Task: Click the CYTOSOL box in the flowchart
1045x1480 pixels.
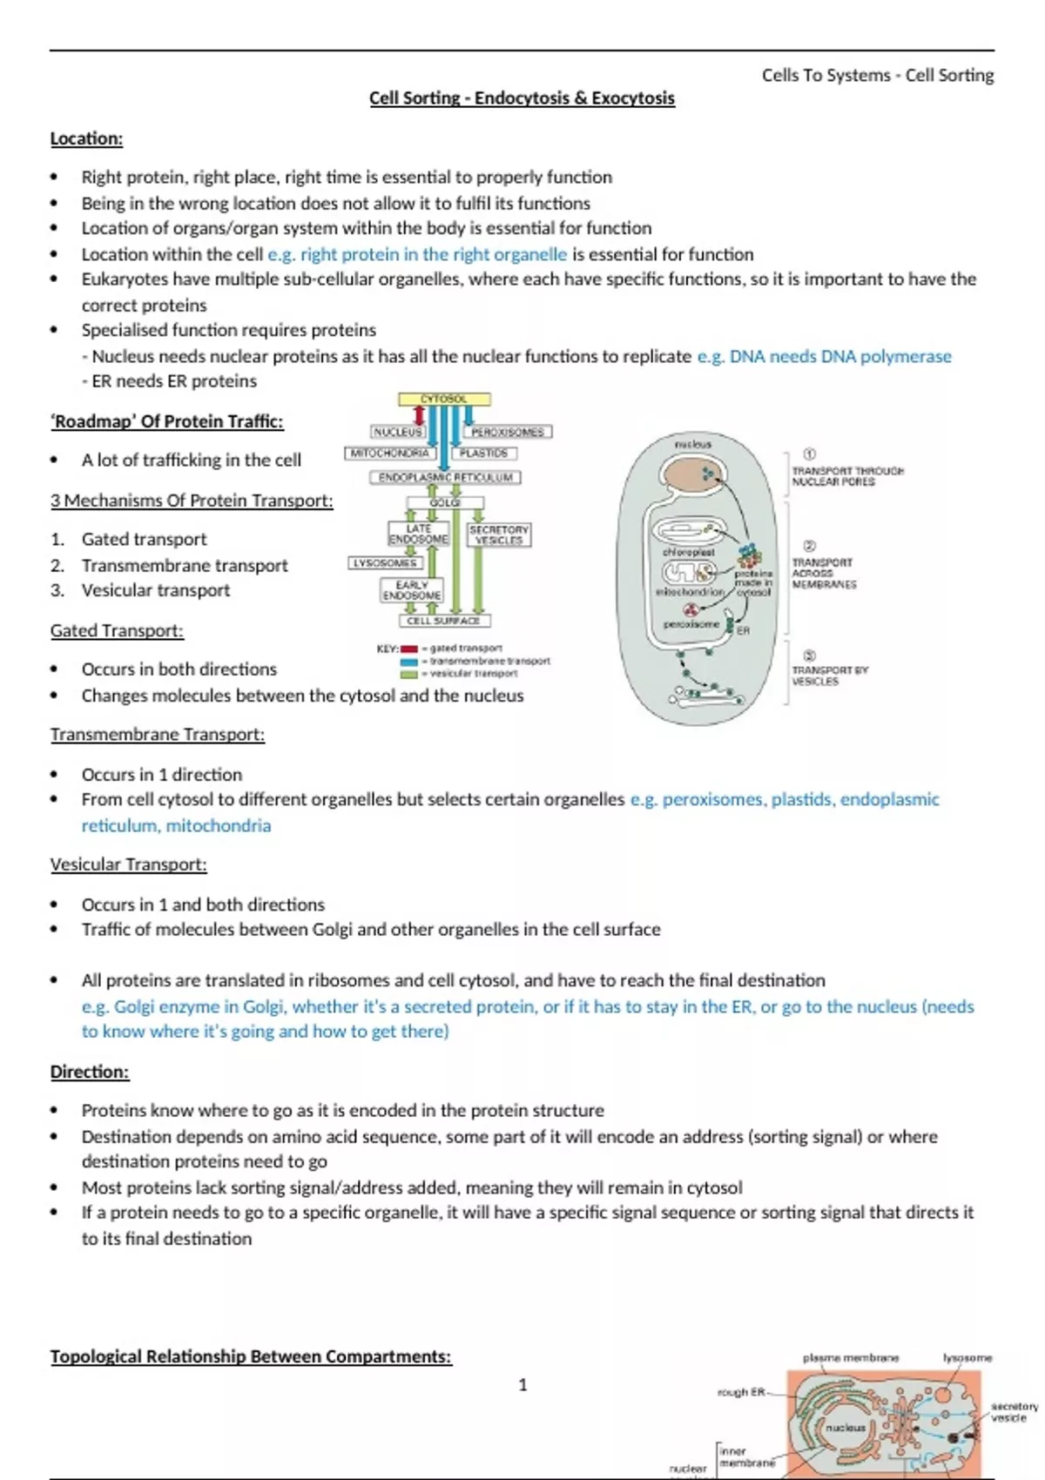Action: pos(444,399)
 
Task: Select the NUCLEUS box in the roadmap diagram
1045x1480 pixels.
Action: pos(397,432)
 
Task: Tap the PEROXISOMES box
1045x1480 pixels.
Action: pos(507,432)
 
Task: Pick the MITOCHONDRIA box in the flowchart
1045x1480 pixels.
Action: pos(389,454)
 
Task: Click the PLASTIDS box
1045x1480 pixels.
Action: pos(484,454)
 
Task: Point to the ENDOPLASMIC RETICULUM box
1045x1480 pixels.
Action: pos(445,478)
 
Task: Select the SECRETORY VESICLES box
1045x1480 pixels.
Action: pos(498,535)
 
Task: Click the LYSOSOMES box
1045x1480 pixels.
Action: pos(383,563)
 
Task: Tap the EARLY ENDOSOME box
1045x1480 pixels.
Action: pos(412,590)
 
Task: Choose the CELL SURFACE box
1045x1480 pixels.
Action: pos(443,621)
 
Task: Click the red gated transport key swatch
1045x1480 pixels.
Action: pos(408,649)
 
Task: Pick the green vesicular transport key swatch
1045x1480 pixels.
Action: pos(408,674)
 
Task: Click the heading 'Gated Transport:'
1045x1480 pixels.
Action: pos(117,630)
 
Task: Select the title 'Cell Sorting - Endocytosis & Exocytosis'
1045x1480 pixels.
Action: pos(522,98)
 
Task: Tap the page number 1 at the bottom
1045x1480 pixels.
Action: pos(522,1384)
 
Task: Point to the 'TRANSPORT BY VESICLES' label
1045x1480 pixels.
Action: pos(829,676)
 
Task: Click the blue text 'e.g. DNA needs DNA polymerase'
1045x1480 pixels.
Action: pos(824,356)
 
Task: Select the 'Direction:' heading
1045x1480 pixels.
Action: pos(90,1072)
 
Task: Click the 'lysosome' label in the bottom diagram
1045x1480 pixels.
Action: pos(967,1357)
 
